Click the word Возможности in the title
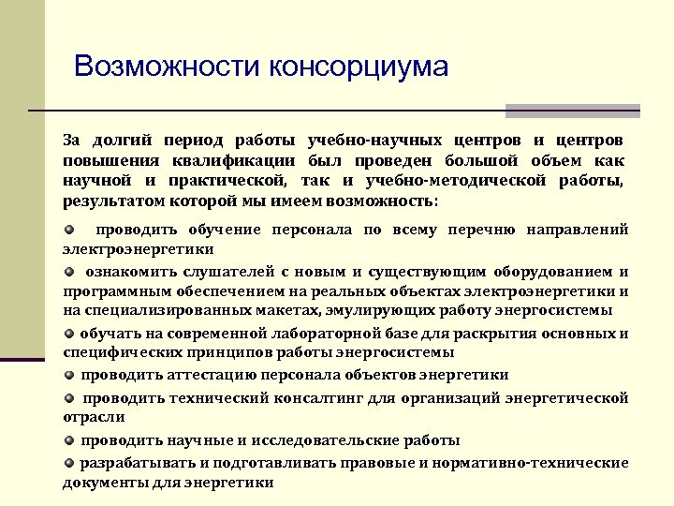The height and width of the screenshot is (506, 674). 168,67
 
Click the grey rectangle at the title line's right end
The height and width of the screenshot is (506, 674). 572,110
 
